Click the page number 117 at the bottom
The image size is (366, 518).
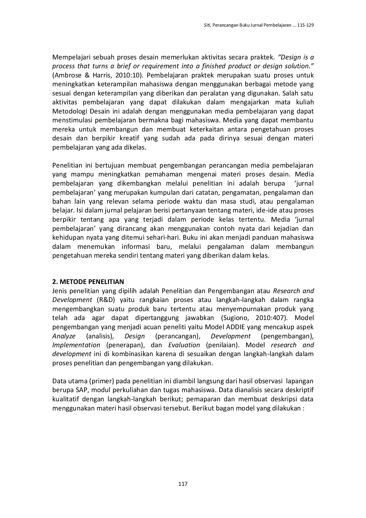[x=183, y=484]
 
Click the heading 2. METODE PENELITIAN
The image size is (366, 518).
[x=88, y=282]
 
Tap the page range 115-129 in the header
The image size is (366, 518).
[x=305, y=25]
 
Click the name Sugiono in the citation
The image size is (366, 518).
[x=235, y=318]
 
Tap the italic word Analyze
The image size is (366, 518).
[x=64, y=336]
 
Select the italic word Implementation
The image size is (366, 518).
[x=76, y=345]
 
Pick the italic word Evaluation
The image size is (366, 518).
[x=184, y=345]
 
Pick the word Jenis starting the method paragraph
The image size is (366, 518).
[x=60, y=291]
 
